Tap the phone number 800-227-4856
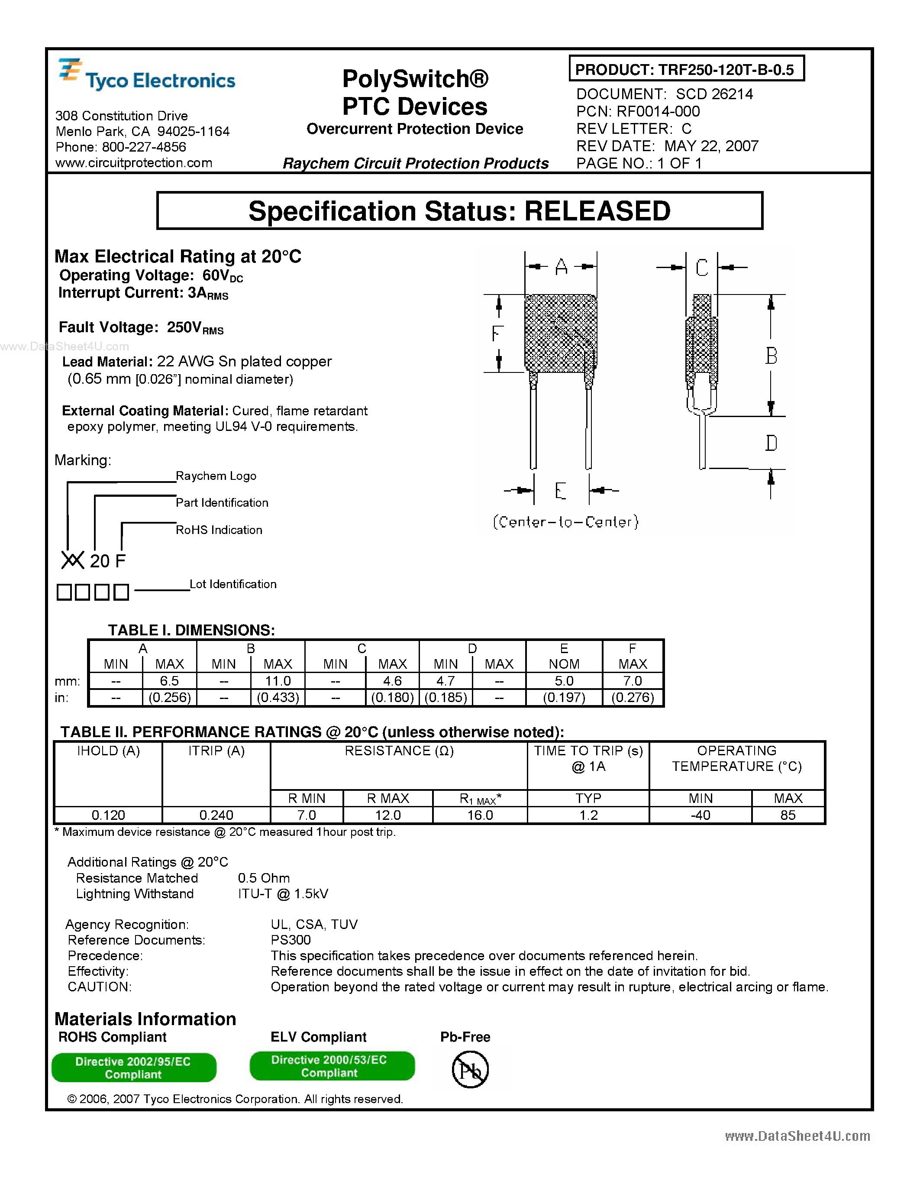point(144,147)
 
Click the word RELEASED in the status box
point(597,211)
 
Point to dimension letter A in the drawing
point(562,267)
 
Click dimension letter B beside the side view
point(771,356)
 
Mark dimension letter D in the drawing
point(771,443)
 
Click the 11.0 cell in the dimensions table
point(278,680)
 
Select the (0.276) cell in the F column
point(632,697)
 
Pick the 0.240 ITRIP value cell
point(216,815)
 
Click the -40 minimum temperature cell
point(700,815)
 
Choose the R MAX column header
point(387,798)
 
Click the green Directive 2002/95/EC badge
point(133,1068)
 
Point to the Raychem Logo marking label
point(216,476)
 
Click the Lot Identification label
point(233,584)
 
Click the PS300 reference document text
point(291,940)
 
